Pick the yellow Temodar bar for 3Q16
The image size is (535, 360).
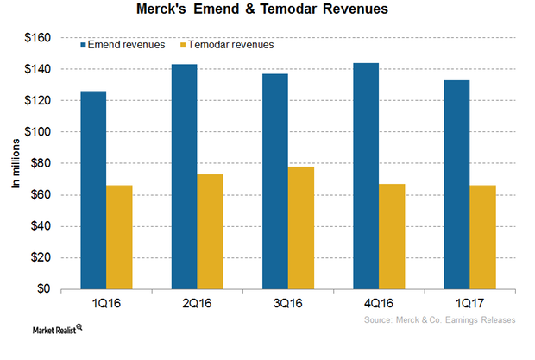301,228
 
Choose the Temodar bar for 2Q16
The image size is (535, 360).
210,232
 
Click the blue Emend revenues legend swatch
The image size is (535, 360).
85,45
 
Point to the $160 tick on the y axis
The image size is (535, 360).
39,38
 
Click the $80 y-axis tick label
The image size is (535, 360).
41,163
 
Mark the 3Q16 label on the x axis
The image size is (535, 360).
287,303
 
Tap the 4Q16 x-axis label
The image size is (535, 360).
379,303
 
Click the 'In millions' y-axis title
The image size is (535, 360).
15,163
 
